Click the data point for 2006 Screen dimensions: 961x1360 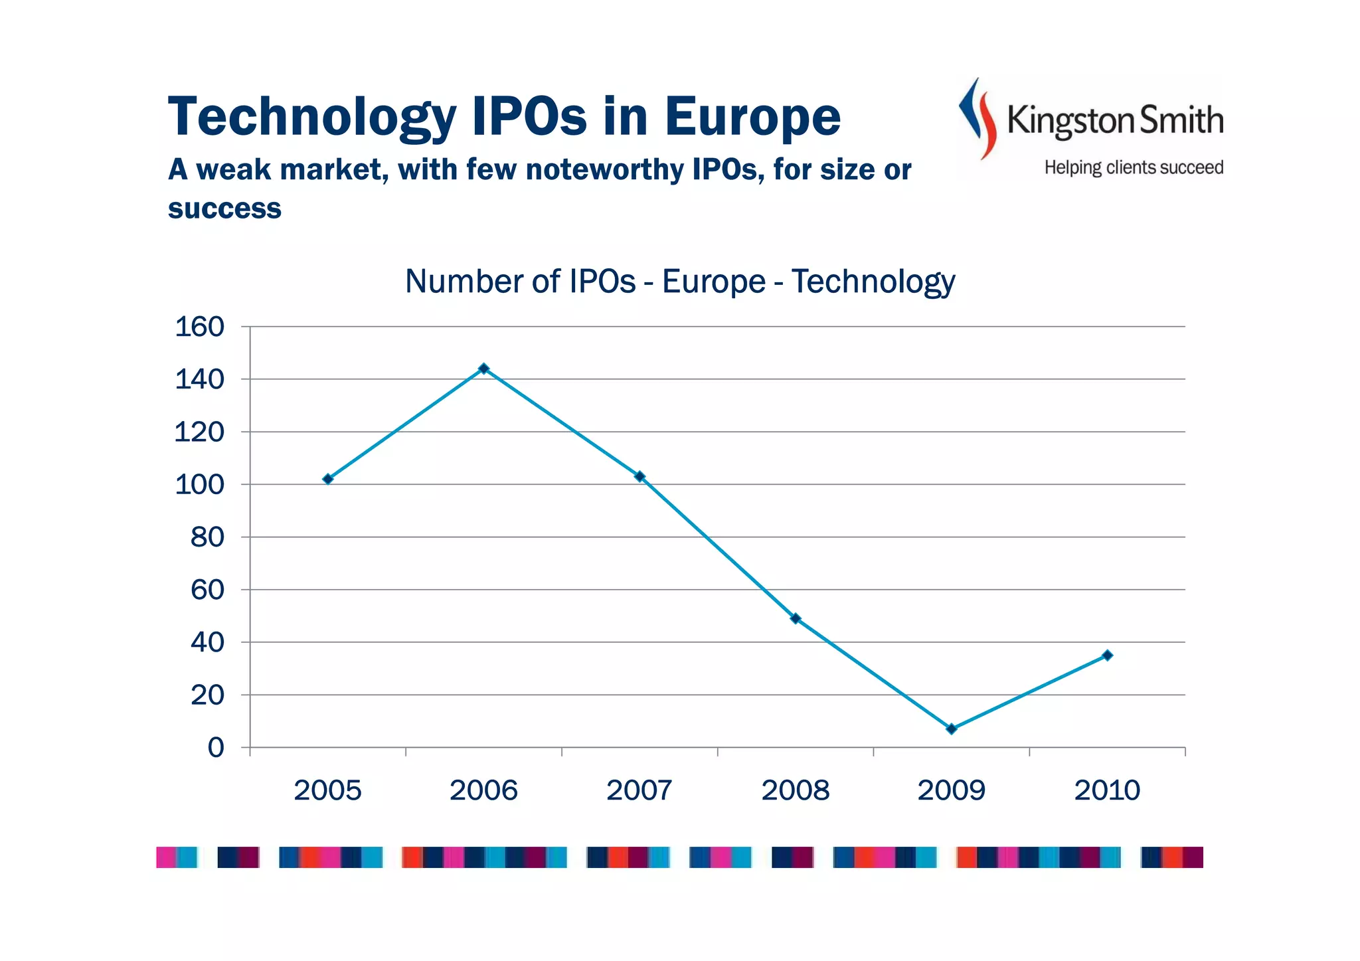(x=483, y=369)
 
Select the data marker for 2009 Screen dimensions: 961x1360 (x=951, y=729)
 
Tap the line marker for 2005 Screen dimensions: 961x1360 (x=327, y=479)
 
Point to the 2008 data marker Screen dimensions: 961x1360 (x=796, y=618)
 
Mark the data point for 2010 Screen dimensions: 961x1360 (x=1107, y=655)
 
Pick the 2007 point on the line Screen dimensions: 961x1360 (x=639, y=476)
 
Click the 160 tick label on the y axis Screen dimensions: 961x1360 (x=199, y=327)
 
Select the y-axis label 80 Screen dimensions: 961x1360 (x=207, y=537)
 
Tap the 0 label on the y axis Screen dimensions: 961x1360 (x=216, y=747)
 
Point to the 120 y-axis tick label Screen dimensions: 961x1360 (x=199, y=432)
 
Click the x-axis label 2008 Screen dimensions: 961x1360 (x=795, y=790)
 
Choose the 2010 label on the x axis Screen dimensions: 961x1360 (x=1107, y=790)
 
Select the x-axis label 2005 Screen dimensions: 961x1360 (x=327, y=790)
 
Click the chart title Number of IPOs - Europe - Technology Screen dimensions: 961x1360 (x=680, y=281)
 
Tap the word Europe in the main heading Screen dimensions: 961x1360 (x=752, y=117)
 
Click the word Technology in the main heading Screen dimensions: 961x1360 (x=312, y=117)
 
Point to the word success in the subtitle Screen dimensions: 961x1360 (x=224, y=208)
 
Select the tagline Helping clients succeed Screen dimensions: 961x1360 (x=1134, y=167)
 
